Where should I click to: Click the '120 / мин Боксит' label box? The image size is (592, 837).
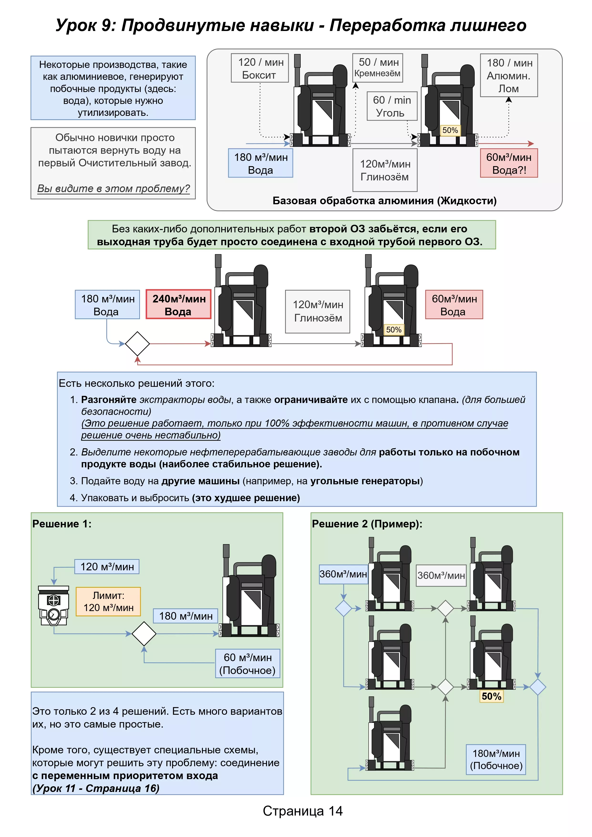pyautogui.click(x=260, y=68)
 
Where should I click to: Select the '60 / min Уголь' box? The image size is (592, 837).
pyautogui.click(x=392, y=106)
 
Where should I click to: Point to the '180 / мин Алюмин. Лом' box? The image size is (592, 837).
pyautogui.click(x=509, y=76)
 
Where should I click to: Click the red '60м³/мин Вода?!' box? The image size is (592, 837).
pyautogui.click(x=509, y=163)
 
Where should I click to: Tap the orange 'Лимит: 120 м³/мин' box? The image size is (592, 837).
pyautogui.click(x=108, y=602)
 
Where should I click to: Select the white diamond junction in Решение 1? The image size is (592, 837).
pyautogui.click(x=144, y=634)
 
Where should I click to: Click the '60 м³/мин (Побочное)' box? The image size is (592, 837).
pyautogui.click(x=248, y=663)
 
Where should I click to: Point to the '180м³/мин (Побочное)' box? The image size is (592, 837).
pyautogui.click(x=496, y=759)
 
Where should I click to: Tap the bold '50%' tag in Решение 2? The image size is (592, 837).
pyautogui.click(x=491, y=696)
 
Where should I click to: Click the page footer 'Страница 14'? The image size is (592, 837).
pyautogui.click(x=303, y=811)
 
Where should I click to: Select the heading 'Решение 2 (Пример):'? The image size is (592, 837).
pyautogui.click(x=367, y=524)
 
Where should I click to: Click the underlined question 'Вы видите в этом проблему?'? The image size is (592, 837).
pyautogui.click(x=113, y=189)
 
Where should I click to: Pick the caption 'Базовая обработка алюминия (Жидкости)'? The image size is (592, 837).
pyautogui.click(x=384, y=201)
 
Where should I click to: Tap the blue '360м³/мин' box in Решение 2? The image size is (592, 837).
pyautogui.click(x=343, y=574)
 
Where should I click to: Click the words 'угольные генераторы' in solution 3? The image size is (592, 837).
pyautogui.click(x=365, y=481)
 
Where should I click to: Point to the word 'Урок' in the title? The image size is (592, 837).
pyautogui.click(x=76, y=26)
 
